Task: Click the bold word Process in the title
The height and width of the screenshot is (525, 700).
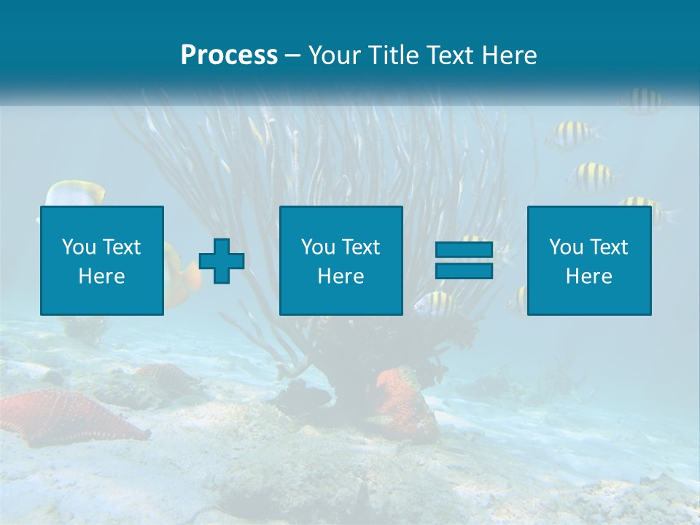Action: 229,55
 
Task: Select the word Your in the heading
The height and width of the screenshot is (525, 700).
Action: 335,55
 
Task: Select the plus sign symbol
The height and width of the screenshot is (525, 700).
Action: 222,261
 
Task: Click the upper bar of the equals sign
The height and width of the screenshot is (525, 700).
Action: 464,249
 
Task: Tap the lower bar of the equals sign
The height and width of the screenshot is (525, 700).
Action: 464,271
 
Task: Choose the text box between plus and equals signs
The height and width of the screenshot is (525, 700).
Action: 341,260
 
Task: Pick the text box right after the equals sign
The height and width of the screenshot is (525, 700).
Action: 589,260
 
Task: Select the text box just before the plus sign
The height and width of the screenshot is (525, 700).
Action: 101,260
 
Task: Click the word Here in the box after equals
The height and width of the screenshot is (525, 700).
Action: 589,276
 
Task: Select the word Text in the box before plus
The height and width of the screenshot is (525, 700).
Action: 121,247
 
